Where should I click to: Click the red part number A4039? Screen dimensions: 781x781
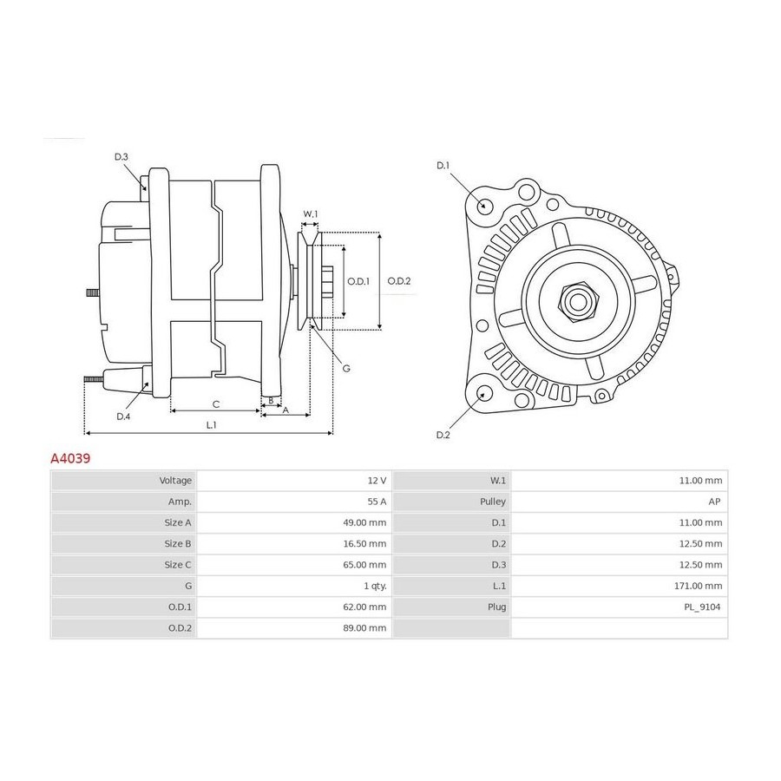point(70,458)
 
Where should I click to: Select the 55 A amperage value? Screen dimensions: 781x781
point(377,502)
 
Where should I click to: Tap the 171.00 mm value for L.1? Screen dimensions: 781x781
point(698,586)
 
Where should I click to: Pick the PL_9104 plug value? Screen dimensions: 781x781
point(702,607)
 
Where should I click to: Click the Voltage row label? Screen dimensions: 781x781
point(175,481)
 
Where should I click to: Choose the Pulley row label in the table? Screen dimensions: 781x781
point(493,502)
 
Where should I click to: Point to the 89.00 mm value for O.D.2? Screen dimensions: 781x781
point(364,628)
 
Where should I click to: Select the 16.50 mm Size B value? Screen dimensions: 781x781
point(364,544)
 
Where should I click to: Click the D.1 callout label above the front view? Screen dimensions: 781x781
point(443,166)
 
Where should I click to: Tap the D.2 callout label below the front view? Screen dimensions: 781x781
point(443,435)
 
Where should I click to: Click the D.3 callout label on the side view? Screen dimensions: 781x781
point(121,157)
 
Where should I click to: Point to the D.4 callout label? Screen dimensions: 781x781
point(123,417)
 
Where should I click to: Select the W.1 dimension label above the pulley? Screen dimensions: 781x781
point(311,214)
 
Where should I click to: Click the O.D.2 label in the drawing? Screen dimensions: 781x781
point(399,281)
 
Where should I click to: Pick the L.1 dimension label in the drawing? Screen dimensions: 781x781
point(211,425)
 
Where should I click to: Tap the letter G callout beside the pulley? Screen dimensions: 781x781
point(346,369)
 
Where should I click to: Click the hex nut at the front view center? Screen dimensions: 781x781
point(578,302)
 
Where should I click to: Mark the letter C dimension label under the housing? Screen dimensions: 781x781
point(216,404)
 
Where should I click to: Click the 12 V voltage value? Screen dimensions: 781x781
point(377,481)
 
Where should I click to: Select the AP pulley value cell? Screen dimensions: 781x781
point(714,502)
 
